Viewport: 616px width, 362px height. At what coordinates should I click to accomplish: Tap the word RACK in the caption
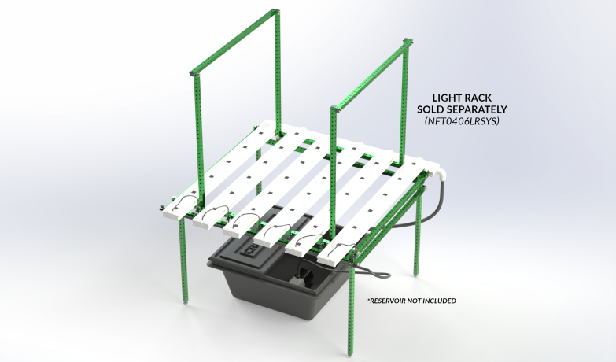479,98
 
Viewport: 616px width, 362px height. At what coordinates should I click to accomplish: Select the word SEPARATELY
477,109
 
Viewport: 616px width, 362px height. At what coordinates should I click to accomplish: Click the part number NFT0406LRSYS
462,121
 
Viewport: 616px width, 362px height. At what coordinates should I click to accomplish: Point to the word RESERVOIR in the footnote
387,301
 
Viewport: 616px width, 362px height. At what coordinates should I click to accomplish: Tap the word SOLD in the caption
430,109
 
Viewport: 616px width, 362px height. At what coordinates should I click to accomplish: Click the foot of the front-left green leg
186,303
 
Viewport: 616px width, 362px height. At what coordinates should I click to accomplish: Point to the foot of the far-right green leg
417,275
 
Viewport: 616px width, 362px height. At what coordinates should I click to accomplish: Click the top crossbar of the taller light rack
234,42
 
